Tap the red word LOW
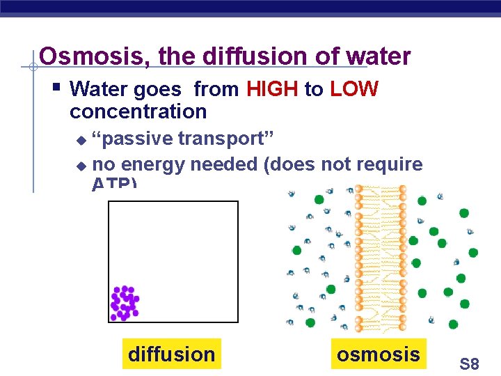click(x=353, y=89)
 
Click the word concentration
click(x=138, y=111)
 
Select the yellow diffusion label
click(x=171, y=354)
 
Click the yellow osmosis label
click(x=378, y=354)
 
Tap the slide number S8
click(x=469, y=363)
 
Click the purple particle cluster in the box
click(x=125, y=303)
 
